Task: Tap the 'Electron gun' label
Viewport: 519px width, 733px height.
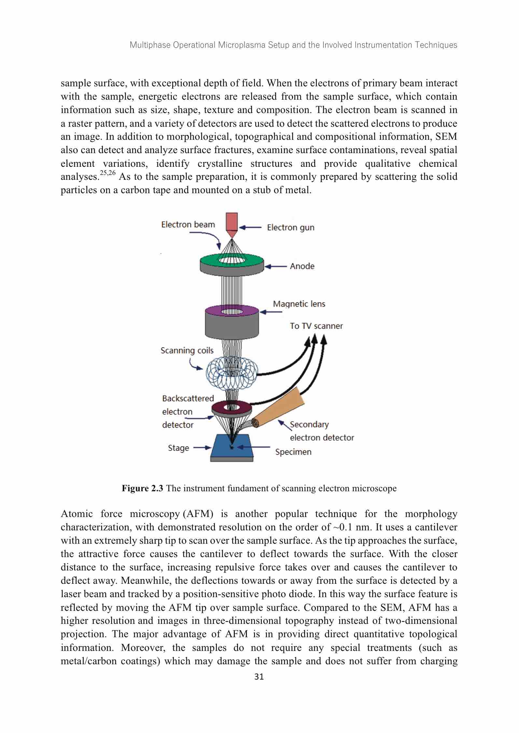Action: [x=290, y=227]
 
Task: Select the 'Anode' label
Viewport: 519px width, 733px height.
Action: [x=302, y=266]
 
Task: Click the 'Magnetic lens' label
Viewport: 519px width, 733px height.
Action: [x=299, y=304]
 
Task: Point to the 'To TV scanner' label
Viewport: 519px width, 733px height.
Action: [x=316, y=326]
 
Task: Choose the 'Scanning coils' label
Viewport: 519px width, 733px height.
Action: [x=187, y=351]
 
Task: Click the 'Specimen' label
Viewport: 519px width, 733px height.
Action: [x=293, y=452]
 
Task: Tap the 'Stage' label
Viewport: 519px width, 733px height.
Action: [x=178, y=448]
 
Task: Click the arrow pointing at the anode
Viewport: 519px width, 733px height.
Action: [x=275, y=266]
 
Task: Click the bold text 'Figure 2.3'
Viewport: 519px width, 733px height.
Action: [x=142, y=488]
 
